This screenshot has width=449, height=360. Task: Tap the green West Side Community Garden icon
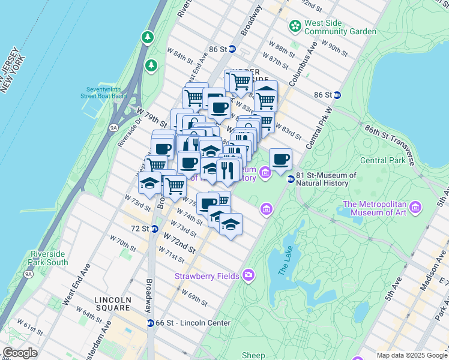[295, 26]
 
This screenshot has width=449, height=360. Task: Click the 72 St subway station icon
[154, 229]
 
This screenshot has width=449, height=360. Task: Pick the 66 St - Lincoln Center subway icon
[150, 323]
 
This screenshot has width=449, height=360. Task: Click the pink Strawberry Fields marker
[249, 276]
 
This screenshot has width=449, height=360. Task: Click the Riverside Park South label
[49, 258]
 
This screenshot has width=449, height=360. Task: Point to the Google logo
[20, 353]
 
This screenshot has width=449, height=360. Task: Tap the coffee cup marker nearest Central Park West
[280, 160]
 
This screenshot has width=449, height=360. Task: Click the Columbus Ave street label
[301, 67]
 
